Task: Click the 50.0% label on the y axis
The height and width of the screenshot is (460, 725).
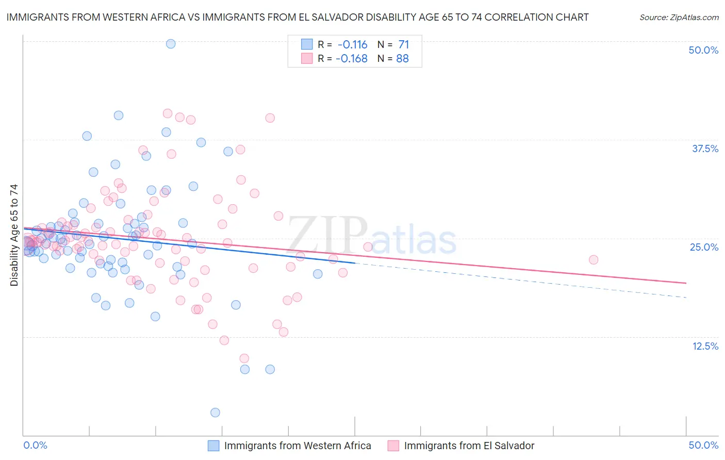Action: (x=703, y=50)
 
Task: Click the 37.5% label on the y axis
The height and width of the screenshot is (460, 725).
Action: (x=704, y=149)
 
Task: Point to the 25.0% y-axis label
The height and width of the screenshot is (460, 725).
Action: (x=704, y=247)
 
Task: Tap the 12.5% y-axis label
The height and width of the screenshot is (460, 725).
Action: (x=705, y=346)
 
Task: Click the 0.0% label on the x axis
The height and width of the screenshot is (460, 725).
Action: (x=36, y=445)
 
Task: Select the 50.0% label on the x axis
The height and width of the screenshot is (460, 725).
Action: (x=703, y=445)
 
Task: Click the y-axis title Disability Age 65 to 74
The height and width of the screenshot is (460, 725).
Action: (x=14, y=235)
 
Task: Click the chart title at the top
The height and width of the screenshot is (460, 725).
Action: (x=297, y=17)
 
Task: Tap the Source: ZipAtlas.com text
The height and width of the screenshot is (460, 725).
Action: (x=679, y=17)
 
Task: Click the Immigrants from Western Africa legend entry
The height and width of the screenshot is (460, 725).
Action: (x=298, y=446)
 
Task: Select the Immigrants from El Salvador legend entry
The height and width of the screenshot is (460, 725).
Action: (x=469, y=446)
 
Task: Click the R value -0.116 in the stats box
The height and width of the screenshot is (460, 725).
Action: (x=352, y=45)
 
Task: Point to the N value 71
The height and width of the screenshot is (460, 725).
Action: (x=403, y=45)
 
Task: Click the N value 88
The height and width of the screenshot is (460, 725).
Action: (x=402, y=59)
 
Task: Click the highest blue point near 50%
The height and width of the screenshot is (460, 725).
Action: (x=171, y=44)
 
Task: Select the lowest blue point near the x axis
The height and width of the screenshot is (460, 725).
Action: (x=215, y=413)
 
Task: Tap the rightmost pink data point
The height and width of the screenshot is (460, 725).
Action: (x=594, y=260)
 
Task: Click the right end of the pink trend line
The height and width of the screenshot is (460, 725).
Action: (x=686, y=283)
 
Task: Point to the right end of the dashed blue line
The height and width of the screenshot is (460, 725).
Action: (x=686, y=298)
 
